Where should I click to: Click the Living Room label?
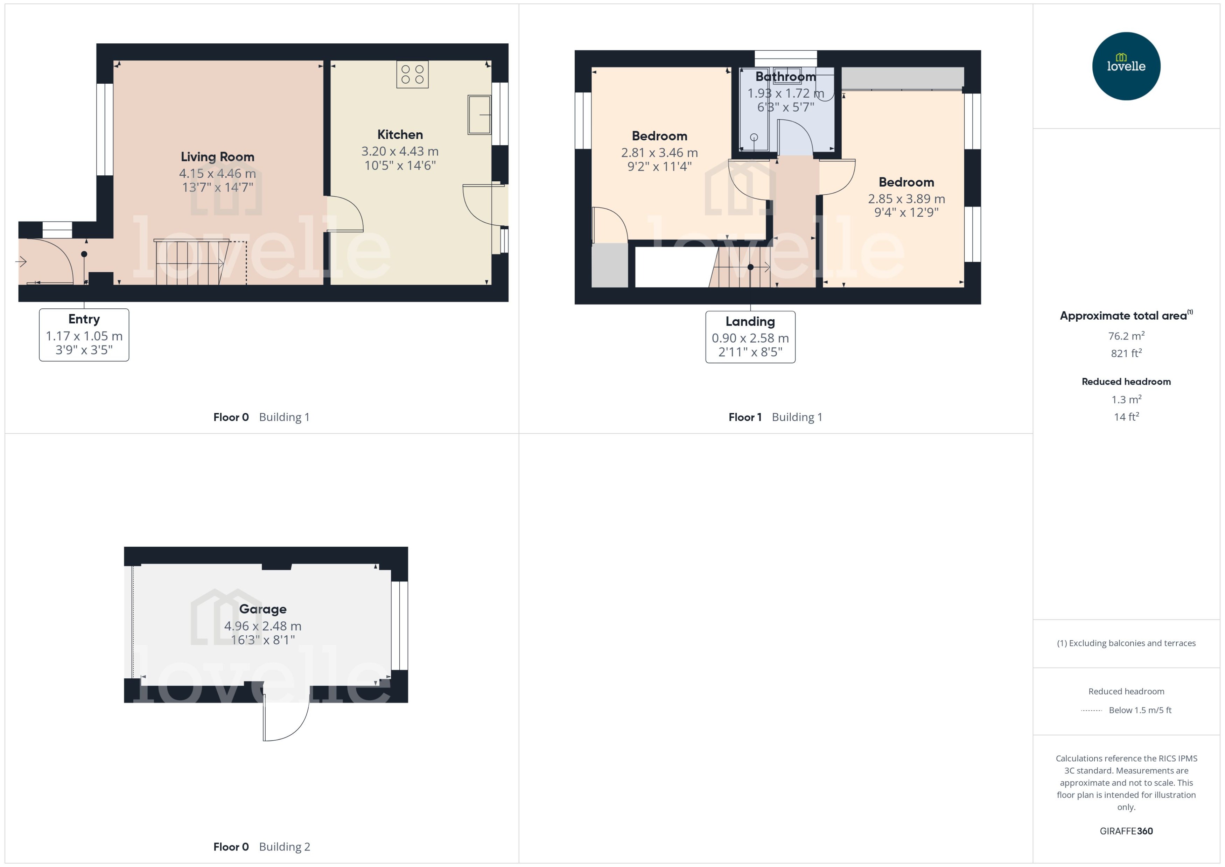pyautogui.click(x=217, y=157)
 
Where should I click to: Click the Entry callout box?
pyautogui.click(x=84, y=335)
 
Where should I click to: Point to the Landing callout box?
pyautogui.click(x=750, y=337)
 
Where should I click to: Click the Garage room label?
pyautogui.click(x=262, y=609)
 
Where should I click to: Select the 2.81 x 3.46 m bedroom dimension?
pyautogui.click(x=659, y=153)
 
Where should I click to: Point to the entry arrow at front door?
pyautogui.click(x=21, y=261)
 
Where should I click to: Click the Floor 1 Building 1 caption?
pyautogui.click(x=775, y=417)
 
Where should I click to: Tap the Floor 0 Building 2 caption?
pyautogui.click(x=261, y=846)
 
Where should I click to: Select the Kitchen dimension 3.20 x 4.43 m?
pyautogui.click(x=400, y=152)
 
